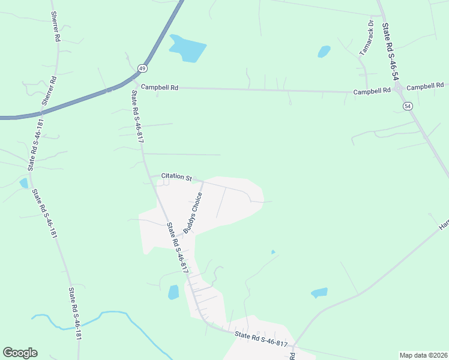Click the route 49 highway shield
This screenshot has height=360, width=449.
click(142, 68)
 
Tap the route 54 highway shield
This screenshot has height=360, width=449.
click(408, 106)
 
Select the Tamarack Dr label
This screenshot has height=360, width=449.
click(366, 38)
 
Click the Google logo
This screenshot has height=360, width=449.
click(20, 353)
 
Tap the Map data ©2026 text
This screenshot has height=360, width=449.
click(423, 355)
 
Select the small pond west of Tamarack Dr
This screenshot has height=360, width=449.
click(324, 52)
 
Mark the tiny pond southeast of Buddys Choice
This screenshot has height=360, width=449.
click(273, 252)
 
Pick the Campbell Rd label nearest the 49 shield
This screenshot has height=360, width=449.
click(160, 87)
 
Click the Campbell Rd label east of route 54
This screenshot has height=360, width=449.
click(427, 87)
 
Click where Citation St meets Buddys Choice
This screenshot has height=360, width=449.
click(202, 181)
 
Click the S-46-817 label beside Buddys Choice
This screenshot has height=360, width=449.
click(179, 252)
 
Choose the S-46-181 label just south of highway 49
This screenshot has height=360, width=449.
click(34, 141)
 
